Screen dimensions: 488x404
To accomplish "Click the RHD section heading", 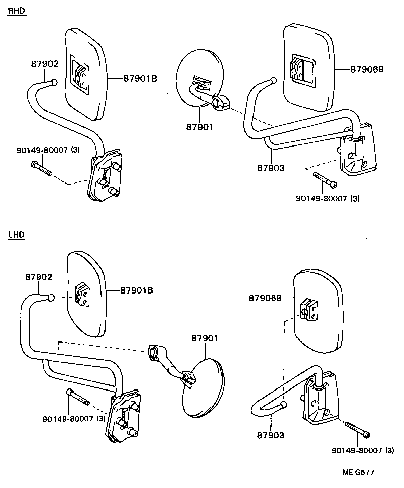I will tap(16, 11).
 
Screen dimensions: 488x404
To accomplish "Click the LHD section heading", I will tap(16, 235).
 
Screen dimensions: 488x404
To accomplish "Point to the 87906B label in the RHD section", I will tap(367, 69).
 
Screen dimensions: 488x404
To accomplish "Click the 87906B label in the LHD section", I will tap(265, 298).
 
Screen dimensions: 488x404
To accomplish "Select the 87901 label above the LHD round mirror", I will tap(205, 338).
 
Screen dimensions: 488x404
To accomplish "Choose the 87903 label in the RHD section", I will tap(271, 168).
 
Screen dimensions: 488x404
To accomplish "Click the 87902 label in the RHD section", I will tap(45, 64).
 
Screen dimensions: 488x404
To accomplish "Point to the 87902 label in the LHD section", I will tap(39, 277).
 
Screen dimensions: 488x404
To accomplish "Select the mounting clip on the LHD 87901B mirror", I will tap(81, 294).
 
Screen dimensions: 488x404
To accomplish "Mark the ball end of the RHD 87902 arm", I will tap(53, 81).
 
